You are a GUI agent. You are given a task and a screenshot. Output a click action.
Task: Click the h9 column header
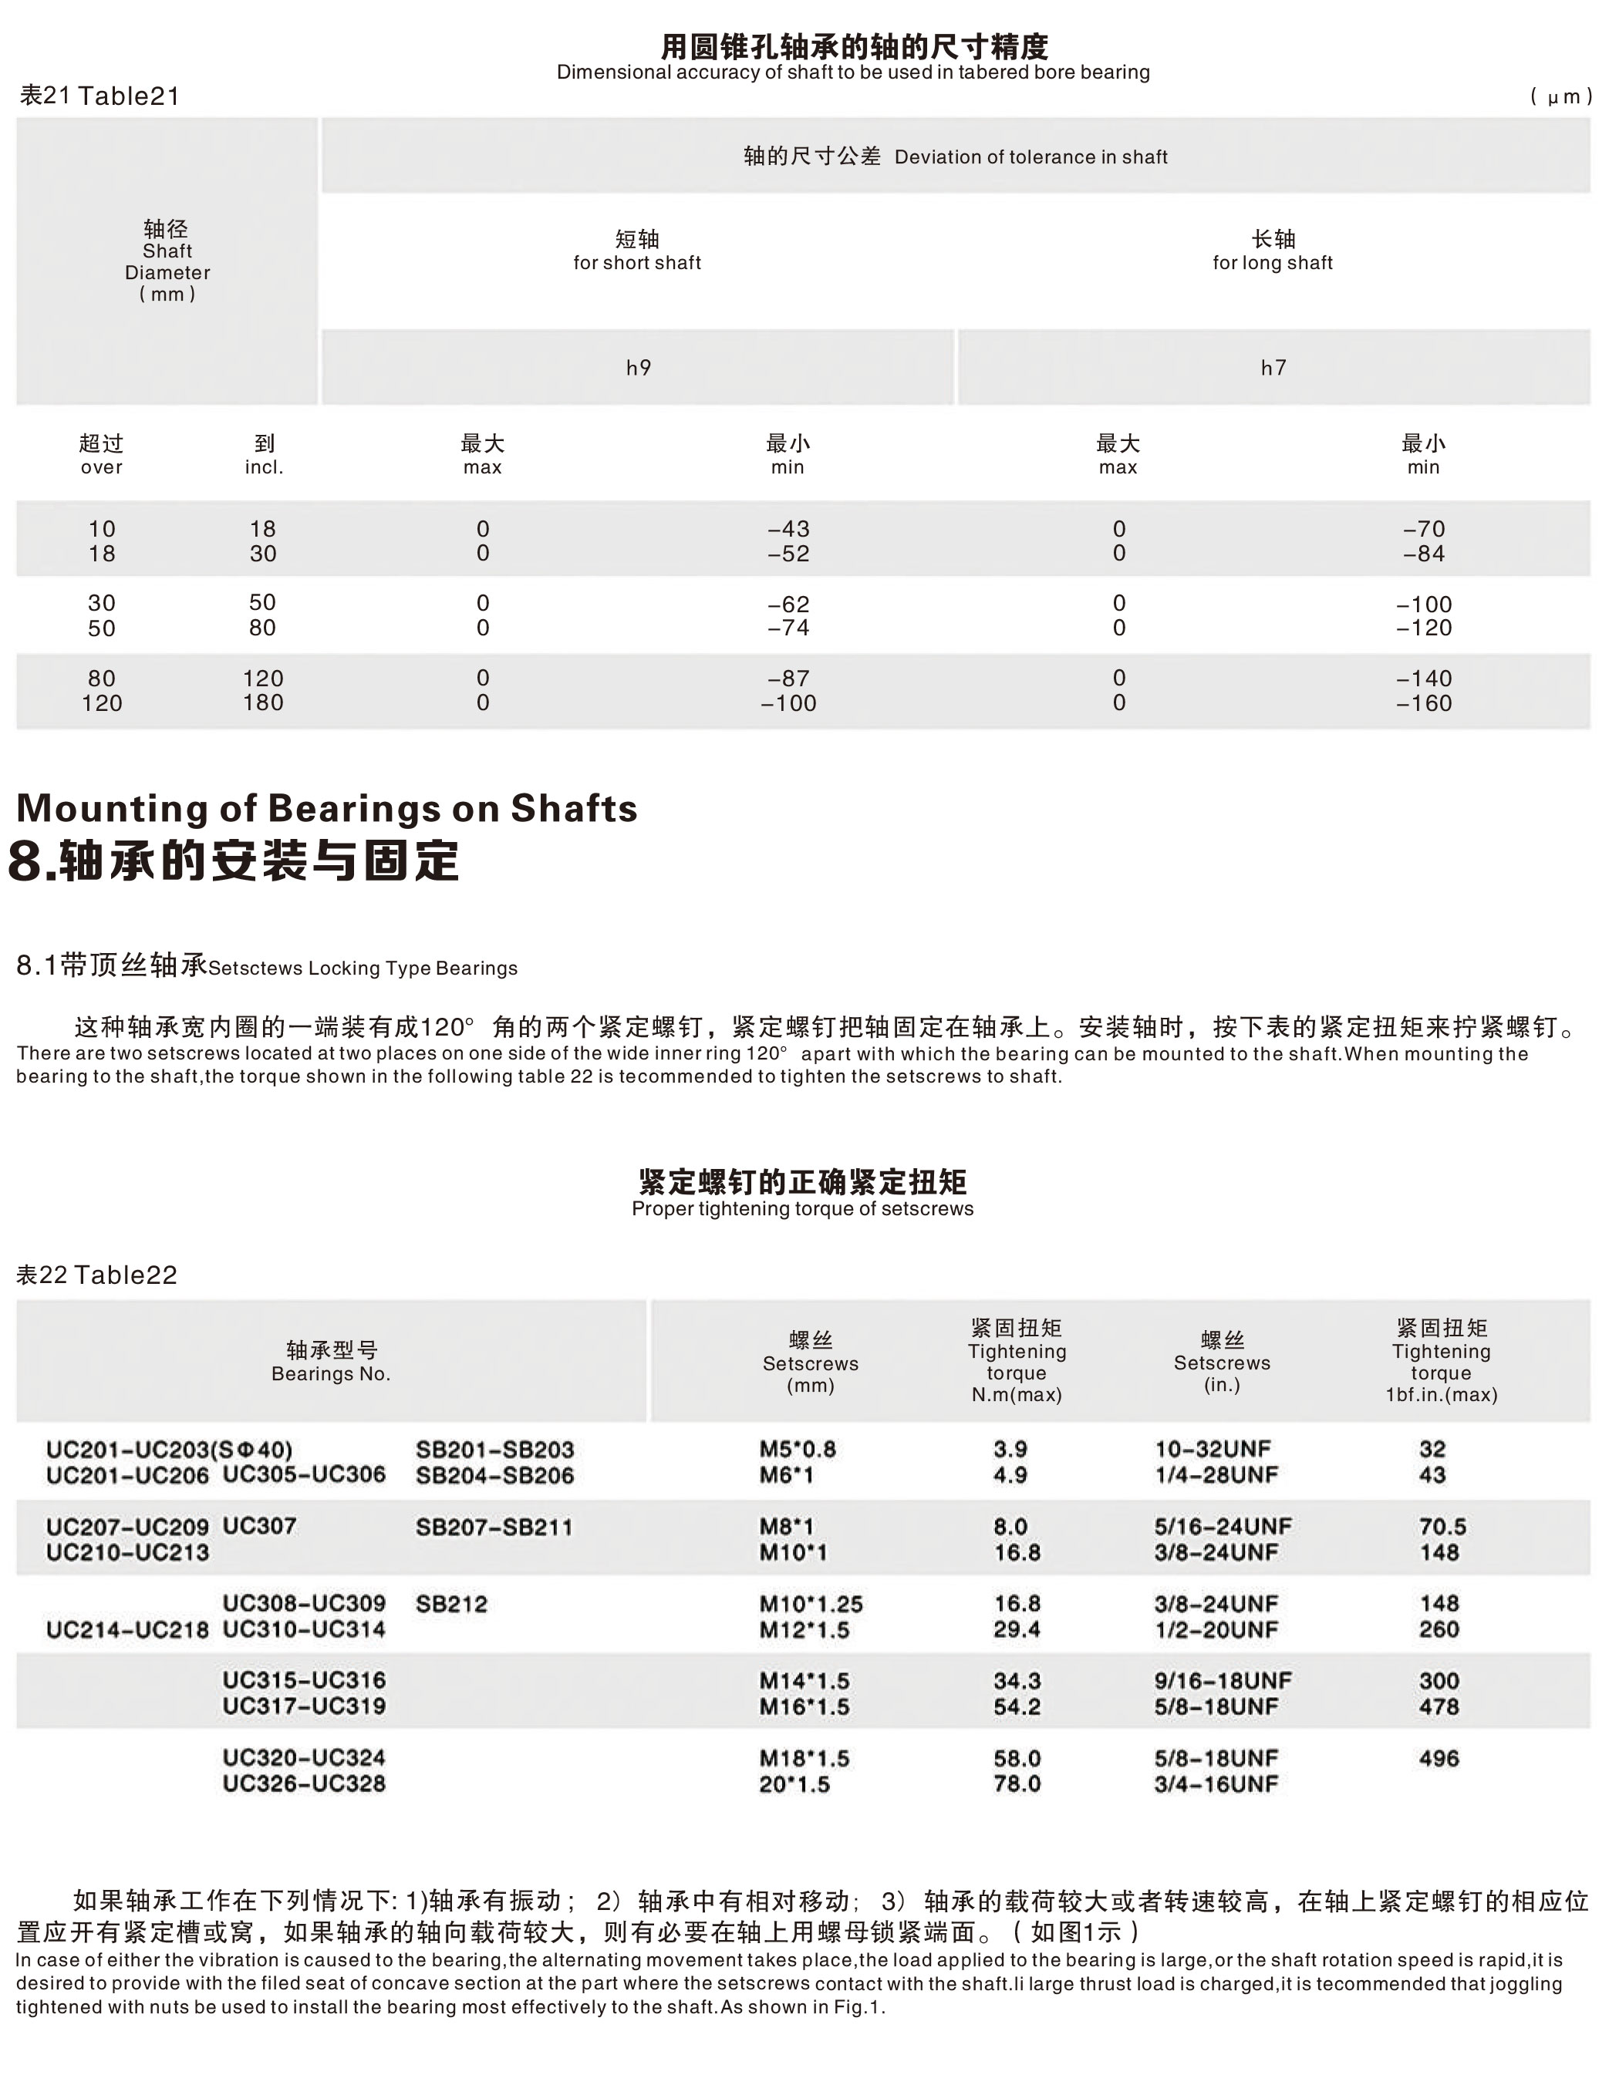click(638, 368)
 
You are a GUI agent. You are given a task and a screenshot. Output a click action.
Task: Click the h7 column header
click(1273, 368)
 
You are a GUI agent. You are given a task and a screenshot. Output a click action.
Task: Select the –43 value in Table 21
click(788, 529)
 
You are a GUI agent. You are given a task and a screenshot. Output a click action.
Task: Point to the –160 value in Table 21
click(1424, 703)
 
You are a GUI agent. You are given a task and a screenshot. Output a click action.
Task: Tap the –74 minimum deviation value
click(788, 628)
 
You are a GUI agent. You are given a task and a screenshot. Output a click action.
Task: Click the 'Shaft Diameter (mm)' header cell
click(167, 261)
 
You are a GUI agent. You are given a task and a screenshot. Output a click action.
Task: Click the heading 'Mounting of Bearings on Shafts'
click(327, 809)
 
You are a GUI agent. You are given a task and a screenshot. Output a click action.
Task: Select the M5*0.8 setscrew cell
click(798, 1449)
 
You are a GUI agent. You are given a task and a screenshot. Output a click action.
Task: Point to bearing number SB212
click(451, 1605)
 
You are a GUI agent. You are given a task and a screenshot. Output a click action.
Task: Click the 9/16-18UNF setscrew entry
click(1223, 1681)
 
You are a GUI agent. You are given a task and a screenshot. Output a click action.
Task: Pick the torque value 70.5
click(1442, 1527)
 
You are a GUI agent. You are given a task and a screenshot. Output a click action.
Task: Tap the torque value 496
click(1439, 1759)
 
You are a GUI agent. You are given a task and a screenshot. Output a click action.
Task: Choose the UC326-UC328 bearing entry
click(304, 1784)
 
